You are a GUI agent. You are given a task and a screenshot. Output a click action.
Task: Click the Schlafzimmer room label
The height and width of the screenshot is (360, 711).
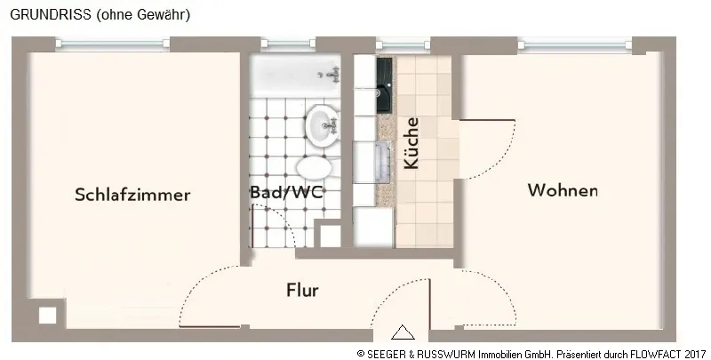(132, 195)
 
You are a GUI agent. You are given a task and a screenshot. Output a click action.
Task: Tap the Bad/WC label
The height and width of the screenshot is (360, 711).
(287, 192)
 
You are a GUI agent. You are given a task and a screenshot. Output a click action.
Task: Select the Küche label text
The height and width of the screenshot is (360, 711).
(411, 143)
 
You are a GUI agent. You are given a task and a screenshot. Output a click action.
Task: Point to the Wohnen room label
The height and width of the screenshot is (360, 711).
(563, 190)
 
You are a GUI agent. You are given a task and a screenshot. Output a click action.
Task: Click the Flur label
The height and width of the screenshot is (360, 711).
(302, 290)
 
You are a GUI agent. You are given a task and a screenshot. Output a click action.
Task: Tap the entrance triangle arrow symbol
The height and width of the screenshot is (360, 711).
(403, 332)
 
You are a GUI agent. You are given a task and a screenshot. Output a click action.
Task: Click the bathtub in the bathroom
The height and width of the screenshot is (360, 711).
(295, 76)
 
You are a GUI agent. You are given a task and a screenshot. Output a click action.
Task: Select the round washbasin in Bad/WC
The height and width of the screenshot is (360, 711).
(323, 124)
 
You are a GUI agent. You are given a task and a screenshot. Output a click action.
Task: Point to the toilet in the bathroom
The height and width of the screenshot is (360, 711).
(315, 167)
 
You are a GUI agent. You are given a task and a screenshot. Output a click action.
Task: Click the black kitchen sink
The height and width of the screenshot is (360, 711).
(384, 85)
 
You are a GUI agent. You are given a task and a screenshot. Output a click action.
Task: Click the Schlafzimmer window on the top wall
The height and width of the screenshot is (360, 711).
(113, 44)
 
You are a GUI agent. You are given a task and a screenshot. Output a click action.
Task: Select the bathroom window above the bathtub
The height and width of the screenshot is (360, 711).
(288, 44)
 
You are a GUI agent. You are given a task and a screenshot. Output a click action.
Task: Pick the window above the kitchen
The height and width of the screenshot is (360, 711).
(403, 44)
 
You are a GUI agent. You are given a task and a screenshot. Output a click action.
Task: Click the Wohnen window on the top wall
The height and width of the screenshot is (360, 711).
(575, 44)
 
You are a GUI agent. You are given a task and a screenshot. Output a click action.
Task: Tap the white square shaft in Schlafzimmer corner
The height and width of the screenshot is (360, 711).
(47, 316)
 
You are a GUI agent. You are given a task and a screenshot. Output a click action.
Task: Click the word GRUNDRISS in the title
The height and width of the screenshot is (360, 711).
(51, 14)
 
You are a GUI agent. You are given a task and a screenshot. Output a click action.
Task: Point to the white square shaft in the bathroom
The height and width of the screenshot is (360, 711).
(330, 236)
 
